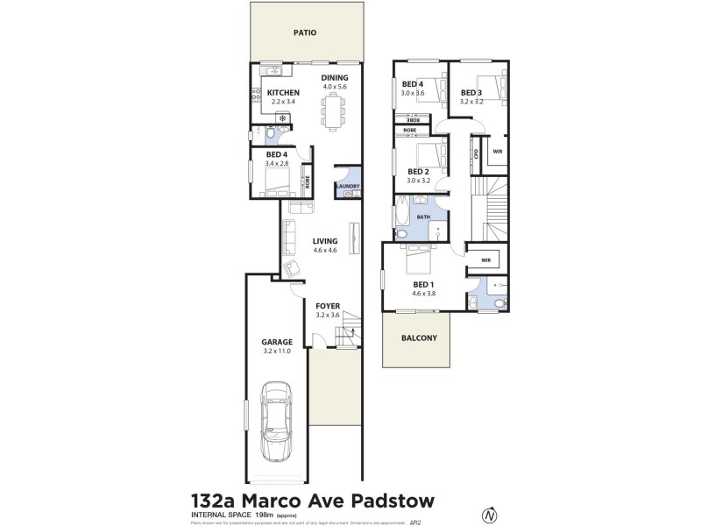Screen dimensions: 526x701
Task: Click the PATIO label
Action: pos(304,33)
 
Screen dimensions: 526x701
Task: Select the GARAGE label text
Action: pos(275,342)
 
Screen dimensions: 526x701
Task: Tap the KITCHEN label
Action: pos(283,93)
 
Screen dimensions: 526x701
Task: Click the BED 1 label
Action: pos(424,284)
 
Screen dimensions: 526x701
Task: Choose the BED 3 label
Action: pos(471,92)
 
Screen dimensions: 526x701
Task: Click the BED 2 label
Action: pos(418,172)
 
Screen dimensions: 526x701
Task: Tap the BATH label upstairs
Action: pos(422,216)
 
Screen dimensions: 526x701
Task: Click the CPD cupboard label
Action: pos(476,153)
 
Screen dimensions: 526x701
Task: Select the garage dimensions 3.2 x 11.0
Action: pos(275,351)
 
